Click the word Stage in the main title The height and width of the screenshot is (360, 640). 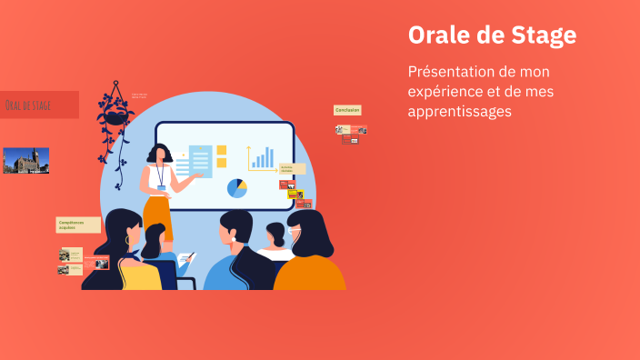pos(542,35)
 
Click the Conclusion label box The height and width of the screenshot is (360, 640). pos(347,110)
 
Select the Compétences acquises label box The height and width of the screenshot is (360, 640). pos(78,225)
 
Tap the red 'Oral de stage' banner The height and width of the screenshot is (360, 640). pos(39,105)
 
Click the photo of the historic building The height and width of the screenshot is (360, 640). pos(25,161)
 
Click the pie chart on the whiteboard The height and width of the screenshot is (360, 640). pos(236,188)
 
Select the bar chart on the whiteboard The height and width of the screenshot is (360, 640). pos(262,159)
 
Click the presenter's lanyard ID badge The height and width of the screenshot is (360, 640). pos(161,188)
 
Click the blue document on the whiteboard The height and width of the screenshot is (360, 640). pos(200,162)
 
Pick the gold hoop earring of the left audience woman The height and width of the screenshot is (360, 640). pos(128,240)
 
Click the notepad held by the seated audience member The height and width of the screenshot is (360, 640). pos(185,260)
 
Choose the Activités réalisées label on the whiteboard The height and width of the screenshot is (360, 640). pos(291,168)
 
